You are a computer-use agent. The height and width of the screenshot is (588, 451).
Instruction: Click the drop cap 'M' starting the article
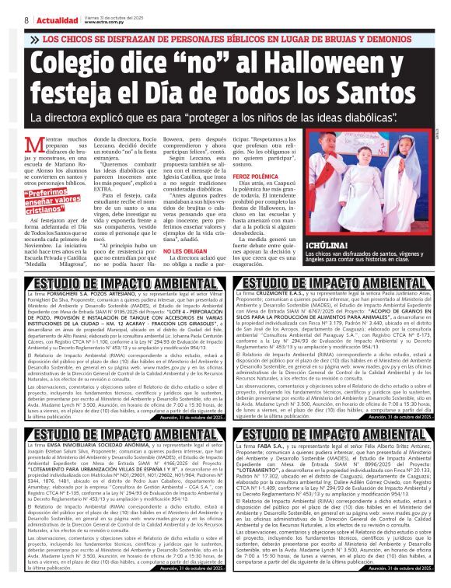(34, 145)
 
